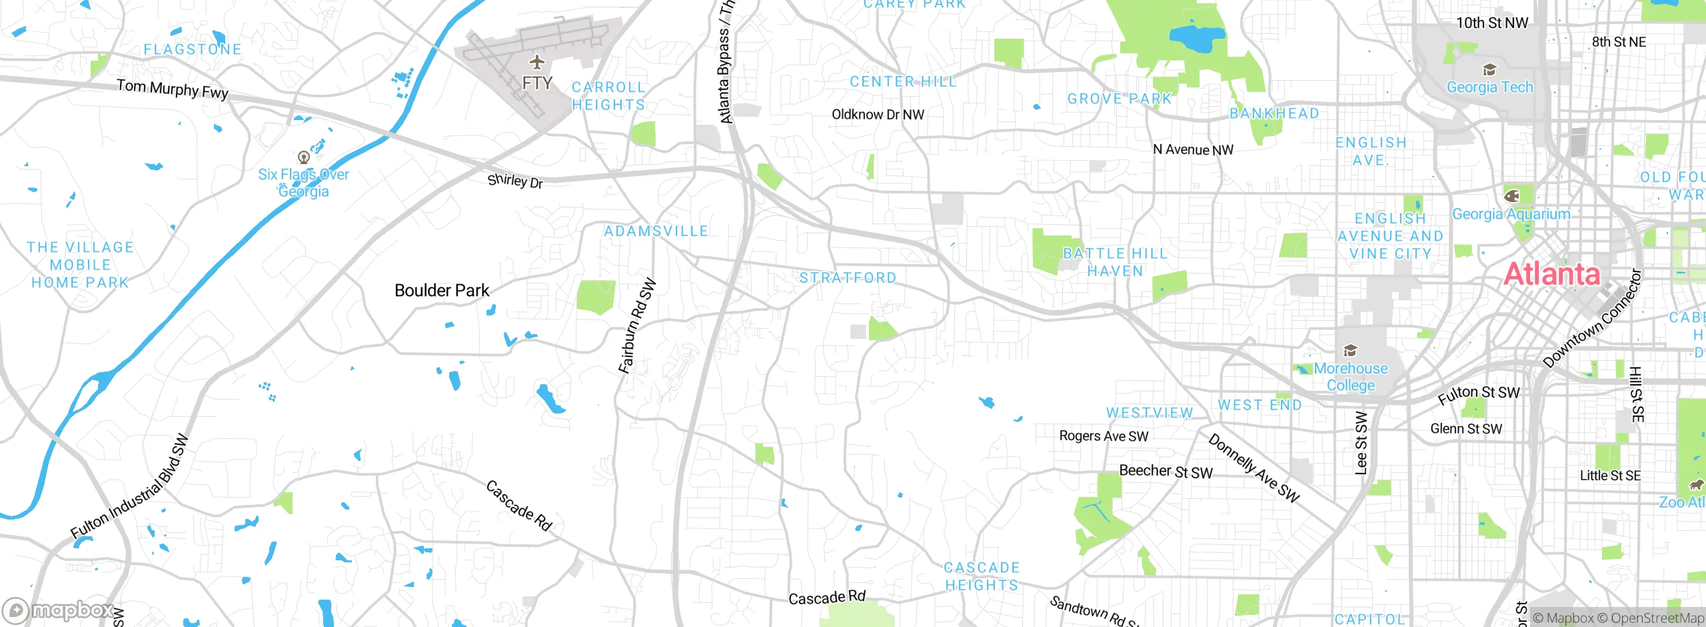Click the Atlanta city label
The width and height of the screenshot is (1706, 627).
(1551, 274)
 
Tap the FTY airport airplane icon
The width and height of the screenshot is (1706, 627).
(537, 63)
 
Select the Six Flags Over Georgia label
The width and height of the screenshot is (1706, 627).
(304, 183)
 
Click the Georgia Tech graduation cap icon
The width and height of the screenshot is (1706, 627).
(1489, 70)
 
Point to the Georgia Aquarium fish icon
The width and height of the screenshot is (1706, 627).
(1512, 196)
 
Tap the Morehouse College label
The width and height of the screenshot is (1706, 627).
(1351, 377)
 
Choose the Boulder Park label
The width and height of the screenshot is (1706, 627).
(442, 291)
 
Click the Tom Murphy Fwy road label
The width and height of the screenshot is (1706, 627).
(173, 89)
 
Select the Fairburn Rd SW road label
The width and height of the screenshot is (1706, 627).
(637, 326)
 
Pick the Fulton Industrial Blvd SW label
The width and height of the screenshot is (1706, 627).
(130, 487)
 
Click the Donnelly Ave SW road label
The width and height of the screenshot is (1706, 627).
(1254, 468)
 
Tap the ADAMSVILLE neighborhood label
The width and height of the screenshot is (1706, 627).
(656, 231)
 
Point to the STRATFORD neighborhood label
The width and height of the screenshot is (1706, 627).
(848, 277)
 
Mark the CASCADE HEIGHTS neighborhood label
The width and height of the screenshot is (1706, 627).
(982, 576)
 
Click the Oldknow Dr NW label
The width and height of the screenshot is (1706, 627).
(878, 115)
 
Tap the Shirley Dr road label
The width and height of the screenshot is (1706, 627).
(515, 181)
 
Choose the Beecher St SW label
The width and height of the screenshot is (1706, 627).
(1166, 472)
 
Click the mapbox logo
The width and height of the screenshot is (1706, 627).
(59, 610)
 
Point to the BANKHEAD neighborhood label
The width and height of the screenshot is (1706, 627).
(1274, 114)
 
